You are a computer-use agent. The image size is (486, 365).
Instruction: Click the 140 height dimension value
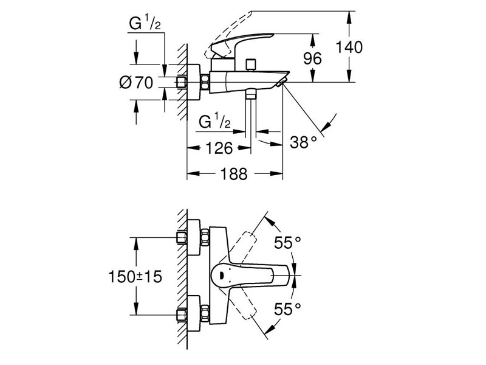coord(349,47)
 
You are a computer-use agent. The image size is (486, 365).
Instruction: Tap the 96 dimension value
coord(312,58)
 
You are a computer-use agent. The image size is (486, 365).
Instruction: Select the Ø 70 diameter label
coord(136,83)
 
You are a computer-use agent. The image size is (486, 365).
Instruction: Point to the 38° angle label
coord(303,142)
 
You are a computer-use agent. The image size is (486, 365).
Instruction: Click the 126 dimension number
coord(219,148)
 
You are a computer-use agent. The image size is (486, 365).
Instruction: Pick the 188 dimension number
coord(234,174)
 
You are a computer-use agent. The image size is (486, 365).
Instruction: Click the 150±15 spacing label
coord(135,276)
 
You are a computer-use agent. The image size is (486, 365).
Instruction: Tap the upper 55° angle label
coord(287,242)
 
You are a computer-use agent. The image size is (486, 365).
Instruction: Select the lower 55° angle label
coord(287,309)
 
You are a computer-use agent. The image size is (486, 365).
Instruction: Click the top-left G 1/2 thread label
coord(145,24)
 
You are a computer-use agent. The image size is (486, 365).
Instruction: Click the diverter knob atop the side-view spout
coord(250,64)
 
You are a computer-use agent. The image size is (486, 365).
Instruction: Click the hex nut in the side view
coord(205,82)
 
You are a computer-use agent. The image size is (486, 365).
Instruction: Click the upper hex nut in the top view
coord(205,237)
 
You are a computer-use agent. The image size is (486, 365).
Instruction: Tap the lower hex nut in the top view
coord(205,313)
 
